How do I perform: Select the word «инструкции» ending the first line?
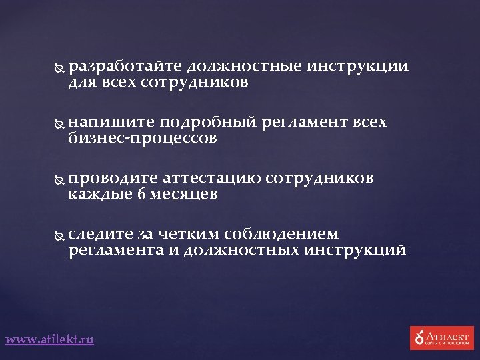point(358,67)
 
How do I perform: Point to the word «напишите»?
point(111,123)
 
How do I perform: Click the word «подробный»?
point(209,123)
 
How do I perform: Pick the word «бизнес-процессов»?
point(142,138)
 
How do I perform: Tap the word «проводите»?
point(113,179)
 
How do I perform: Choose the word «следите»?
point(101,234)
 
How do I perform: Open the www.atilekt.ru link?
point(49,339)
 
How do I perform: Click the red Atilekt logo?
point(441,338)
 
